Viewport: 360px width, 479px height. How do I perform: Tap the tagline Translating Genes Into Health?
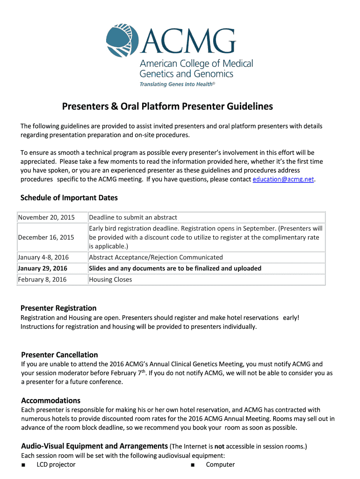[x=178, y=84]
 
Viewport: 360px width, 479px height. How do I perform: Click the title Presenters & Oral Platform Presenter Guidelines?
[x=167, y=107]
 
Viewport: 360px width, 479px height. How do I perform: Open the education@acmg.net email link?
[x=283, y=180]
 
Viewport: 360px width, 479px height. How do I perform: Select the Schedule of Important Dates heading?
[x=69, y=198]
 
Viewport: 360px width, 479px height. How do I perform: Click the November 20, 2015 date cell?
[x=46, y=218]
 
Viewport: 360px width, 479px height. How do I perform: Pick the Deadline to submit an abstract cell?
[x=133, y=218]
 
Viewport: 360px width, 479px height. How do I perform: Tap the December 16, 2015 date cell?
[x=46, y=238]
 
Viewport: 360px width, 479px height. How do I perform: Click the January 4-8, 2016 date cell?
[x=43, y=258]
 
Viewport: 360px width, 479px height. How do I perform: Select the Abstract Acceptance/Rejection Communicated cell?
[x=156, y=258]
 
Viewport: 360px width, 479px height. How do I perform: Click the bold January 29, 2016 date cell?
[x=43, y=269]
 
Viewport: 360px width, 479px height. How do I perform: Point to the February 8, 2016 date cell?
[x=43, y=280]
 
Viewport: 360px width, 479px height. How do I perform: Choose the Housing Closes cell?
[x=110, y=280]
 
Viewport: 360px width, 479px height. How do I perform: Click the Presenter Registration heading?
[x=58, y=308]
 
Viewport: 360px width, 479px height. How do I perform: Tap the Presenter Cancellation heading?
[x=60, y=355]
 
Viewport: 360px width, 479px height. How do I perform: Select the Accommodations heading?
[x=51, y=400]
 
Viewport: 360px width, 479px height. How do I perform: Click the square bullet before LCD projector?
[x=23, y=465]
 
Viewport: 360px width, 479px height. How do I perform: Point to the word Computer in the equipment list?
[x=220, y=465]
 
